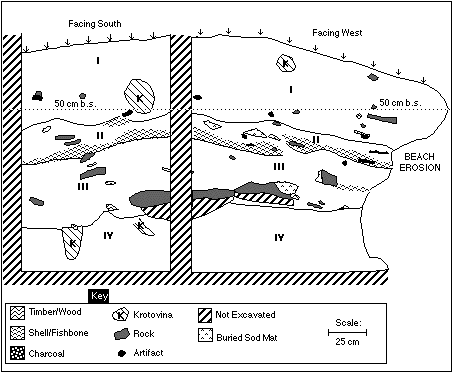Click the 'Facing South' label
click(95, 24)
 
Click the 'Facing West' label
click(337, 33)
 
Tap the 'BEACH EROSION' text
click(420, 162)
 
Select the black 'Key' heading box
click(99, 296)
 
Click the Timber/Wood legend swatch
click(17, 313)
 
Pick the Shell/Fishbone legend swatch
click(17, 333)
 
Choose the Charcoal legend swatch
click(17, 353)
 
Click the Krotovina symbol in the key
click(121, 315)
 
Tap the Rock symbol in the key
click(121, 334)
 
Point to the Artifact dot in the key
click(122, 353)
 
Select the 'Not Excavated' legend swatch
click(205, 315)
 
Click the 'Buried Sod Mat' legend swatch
click(205, 335)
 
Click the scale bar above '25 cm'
click(347, 332)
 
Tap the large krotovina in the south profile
click(139, 96)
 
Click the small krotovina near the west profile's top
click(286, 63)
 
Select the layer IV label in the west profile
click(279, 237)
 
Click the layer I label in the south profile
click(98, 61)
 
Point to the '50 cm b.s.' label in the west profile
click(400, 103)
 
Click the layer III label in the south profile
click(83, 186)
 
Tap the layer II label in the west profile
click(316, 139)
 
